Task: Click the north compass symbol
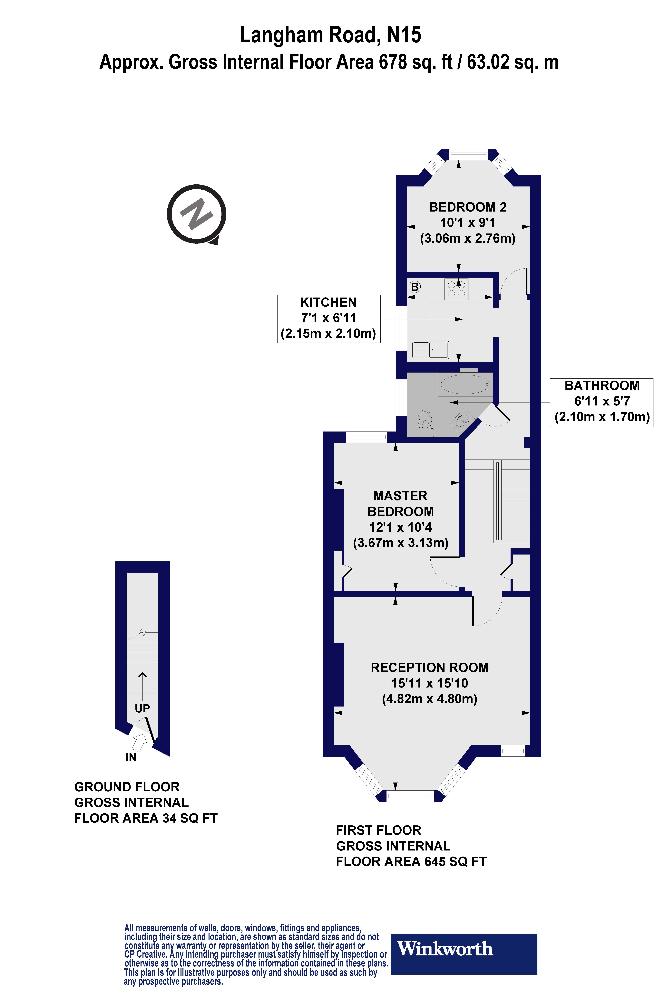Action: click(x=196, y=214)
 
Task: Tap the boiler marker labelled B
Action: click(x=414, y=287)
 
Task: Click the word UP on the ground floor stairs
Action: click(x=142, y=708)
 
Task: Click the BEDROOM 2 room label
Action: click(x=468, y=207)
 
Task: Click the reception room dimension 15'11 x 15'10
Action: click(x=429, y=683)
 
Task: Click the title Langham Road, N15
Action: click(x=330, y=35)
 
